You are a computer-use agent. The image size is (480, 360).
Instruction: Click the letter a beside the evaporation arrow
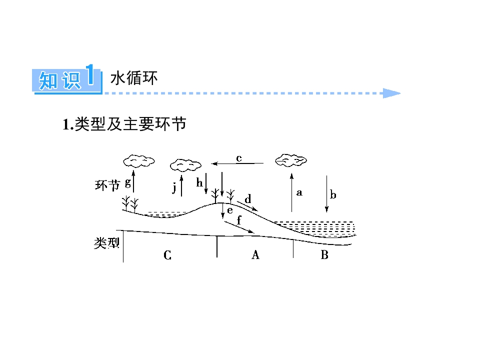(x=299, y=192)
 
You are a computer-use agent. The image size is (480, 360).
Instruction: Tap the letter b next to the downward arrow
(x=333, y=194)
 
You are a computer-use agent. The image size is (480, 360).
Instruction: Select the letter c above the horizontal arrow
(x=239, y=158)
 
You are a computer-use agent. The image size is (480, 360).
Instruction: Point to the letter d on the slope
(x=248, y=199)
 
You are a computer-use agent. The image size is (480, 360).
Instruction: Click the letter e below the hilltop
(x=230, y=210)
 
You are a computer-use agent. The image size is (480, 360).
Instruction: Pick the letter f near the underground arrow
(x=239, y=220)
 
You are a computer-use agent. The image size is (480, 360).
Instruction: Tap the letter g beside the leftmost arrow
(x=128, y=183)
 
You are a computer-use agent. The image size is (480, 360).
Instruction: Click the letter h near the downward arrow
(x=199, y=183)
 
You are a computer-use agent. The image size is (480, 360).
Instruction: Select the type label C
(x=167, y=255)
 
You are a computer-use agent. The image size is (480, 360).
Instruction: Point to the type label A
(x=255, y=254)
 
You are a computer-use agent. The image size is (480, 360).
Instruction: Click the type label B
(x=324, y=254)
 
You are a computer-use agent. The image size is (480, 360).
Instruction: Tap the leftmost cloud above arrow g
(x=138, y=161)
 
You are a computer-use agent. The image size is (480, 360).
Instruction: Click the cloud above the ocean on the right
(x=291, y=160)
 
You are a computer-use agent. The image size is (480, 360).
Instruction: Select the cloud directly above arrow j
(x=185, y=165)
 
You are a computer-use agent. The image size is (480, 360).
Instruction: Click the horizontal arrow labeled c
(x=237, y=163)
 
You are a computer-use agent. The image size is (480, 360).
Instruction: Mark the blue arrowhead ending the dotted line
(x=391, y=93)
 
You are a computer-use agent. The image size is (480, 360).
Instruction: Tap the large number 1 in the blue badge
(x=89, y=74)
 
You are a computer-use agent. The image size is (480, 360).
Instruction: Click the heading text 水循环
(x=134, y=78)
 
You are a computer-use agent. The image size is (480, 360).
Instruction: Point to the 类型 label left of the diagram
(x=106, y=243)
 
